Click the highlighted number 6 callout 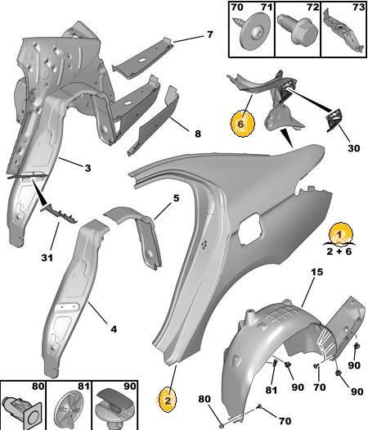tap(243, 124)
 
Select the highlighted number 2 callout tap(168, 401)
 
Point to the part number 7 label tap(209, 35)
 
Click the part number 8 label tap(198, 134)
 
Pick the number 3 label tap(88, 168)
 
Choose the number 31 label tap(47, 257)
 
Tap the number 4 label tap(114, 328)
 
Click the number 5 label tap(176, 197)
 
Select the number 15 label tap(316, 272)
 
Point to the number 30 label tap(353, 148)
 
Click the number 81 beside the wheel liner tap(271, 389)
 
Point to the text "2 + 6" tap(339, 251)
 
